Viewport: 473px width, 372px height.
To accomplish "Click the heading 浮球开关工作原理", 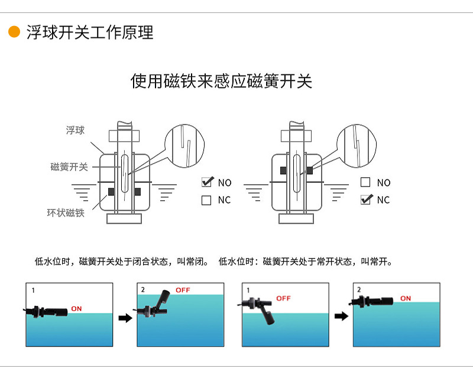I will [90, 32].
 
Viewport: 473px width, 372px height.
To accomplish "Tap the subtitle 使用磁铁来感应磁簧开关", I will [221, 81].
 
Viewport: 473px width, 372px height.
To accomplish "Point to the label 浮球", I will [75, 130].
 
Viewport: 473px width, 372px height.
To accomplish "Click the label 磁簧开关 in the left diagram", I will [69, 167].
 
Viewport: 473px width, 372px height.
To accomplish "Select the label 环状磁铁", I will [66, 213].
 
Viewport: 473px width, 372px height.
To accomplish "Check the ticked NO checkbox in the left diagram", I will [207, 182].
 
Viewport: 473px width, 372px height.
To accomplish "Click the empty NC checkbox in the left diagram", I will [206, 200].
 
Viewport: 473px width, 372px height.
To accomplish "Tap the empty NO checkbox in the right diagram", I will [365, 182].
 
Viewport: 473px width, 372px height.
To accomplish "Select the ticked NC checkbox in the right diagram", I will [366, 200].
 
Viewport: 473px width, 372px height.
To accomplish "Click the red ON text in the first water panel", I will [76, 309].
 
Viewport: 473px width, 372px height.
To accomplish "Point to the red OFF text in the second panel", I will [183, 291].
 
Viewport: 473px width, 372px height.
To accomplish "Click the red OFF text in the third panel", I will [283, 298].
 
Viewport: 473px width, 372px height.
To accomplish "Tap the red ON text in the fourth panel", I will [405, 298].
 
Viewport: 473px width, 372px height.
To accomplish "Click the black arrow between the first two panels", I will [125, 318].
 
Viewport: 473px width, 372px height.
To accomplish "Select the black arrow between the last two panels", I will [341, 316].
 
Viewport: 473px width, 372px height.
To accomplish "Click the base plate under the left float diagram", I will [124, 218].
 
